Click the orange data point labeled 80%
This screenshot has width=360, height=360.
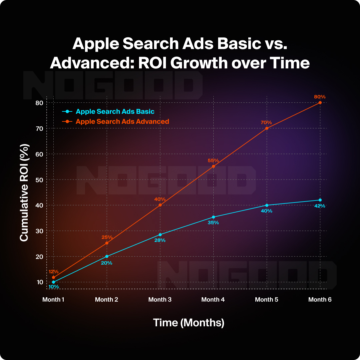pyautogui.click(x=320, y=102)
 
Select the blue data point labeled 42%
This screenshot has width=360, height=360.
pyautogui.click(x=320, y=200)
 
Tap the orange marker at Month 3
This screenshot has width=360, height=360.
pyautogui.click(x=160, y=205)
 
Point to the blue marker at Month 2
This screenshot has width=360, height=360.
pyautogui.click(x=107, y=256)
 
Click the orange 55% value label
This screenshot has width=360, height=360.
pyautogui.click(x=213, y=160)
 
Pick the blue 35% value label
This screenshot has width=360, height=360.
pyautogui.click(x=213, y=223)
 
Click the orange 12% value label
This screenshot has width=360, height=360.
pyautogui.click(x=53, y=272)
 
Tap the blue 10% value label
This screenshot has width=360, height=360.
pyautogui.click(x=53, y=287)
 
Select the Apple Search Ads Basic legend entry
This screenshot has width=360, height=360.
pyautogui.click(x=115, y=112)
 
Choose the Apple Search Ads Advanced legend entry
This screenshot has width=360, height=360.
pyautogui.click(x=122, y=121)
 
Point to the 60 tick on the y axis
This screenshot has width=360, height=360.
pyautogui.click(x=40, y=154)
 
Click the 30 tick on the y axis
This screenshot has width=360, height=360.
pyautogui.click(x=40, y=231)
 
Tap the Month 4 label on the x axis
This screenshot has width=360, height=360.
pyautogui.click(x=213, y=300)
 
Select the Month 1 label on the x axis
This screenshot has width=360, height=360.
pyautogui.click(x=53, y=300)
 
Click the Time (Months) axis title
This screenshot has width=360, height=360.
pyautogui.click(x=189, y=323)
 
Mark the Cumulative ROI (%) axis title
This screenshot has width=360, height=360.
pyautogui.click(x=24, y=192)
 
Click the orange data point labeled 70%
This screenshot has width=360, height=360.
pyautogui.click(x=267, y=128)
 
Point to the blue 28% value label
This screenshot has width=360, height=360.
pyautogui.click(x=160, y=240)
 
